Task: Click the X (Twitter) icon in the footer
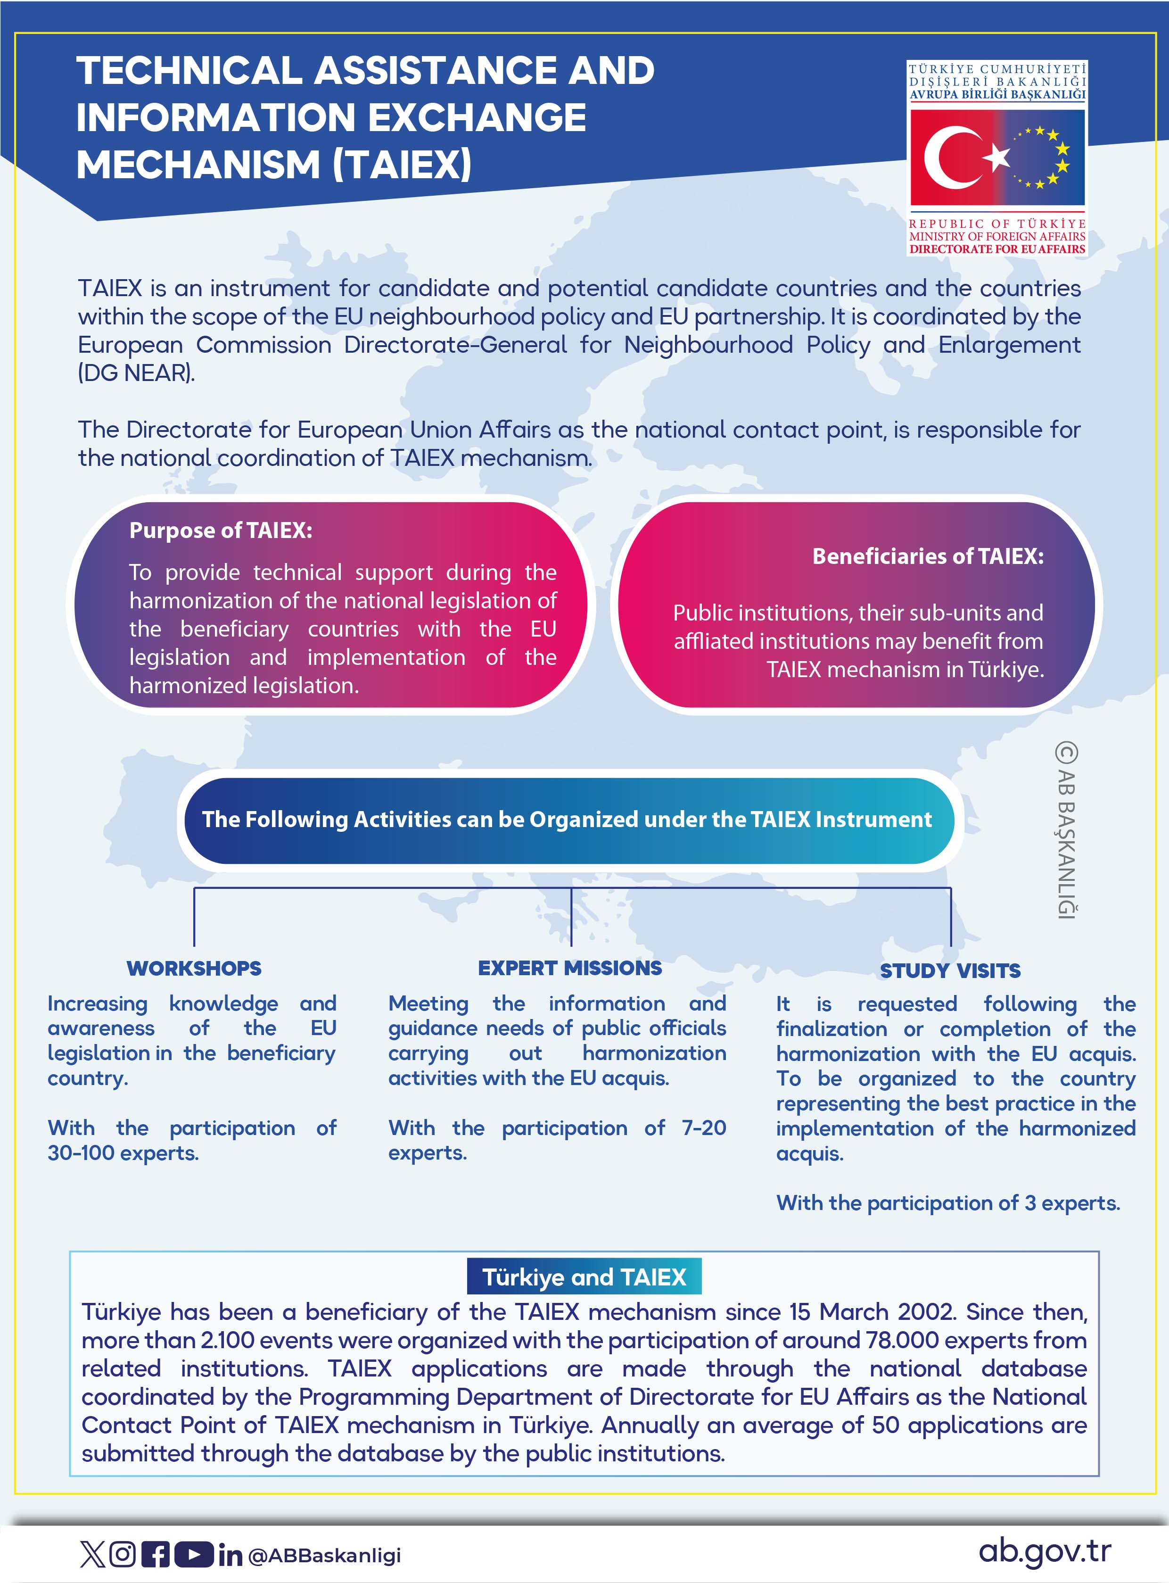point(92,1555)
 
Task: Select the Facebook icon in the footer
point(156,1555)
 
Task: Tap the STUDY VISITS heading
point(950,970)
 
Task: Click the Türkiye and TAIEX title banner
point(584,1276)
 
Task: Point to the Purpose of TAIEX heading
point(221,530)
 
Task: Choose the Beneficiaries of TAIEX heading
point(928,556)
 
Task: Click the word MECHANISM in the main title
point(198,165)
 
